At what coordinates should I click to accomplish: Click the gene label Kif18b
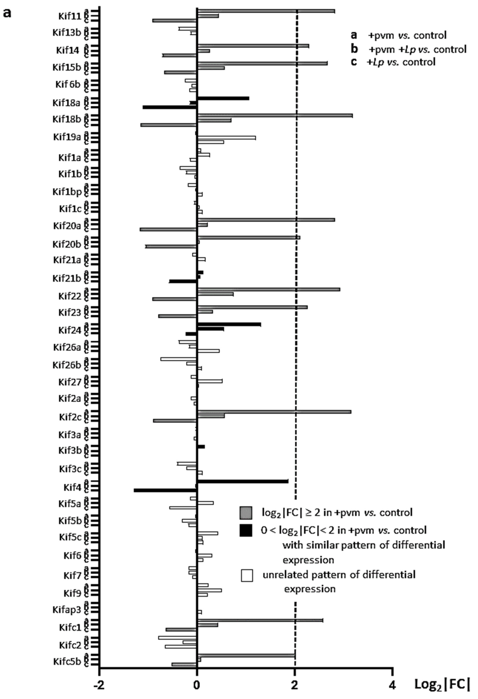67,119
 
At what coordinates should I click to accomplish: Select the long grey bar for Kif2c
274,412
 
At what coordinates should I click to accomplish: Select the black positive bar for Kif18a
223,98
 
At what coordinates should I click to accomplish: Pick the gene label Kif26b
67,365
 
